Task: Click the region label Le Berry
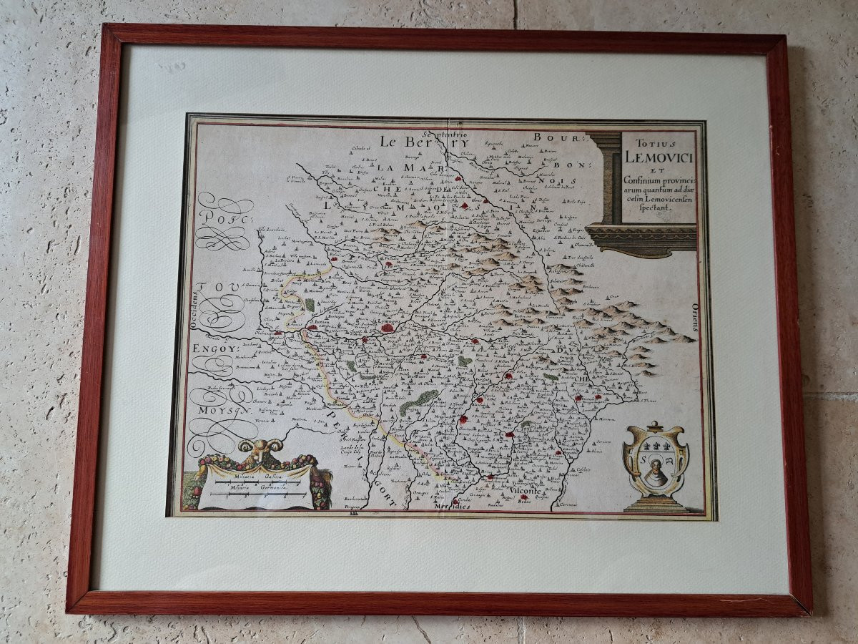(407, 141)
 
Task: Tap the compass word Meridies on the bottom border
(452, 506)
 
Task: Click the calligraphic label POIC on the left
(223, 219)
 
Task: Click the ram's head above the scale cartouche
(260, 448)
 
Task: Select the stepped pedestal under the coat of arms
(656, 504)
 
